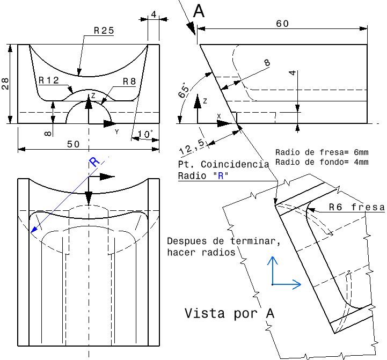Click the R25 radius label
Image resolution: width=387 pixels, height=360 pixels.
click(104, 31)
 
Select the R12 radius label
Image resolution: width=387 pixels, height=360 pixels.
click(48, 80)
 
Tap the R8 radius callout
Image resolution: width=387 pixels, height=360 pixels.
click(129, 81)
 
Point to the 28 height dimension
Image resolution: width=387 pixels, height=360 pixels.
click(5, 83)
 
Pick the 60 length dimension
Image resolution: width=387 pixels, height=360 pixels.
click(282, 24)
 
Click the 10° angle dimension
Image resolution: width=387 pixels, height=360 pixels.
click(145, 133)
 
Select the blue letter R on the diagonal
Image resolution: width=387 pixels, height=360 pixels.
click(94, 162)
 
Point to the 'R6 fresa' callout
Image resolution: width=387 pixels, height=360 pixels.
click(357, 208)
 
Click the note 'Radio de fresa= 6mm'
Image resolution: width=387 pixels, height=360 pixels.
click(322, 152)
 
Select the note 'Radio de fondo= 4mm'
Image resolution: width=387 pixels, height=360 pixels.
click(322, 161)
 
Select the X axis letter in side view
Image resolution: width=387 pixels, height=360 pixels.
click(218, 116)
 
